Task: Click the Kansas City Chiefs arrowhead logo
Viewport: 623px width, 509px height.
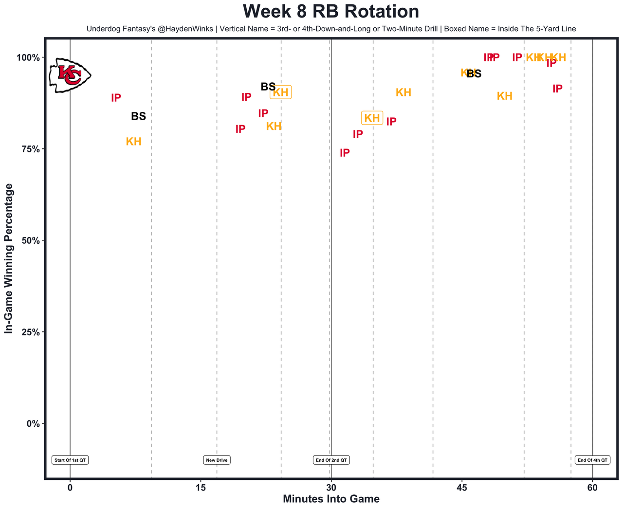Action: (x=70, y=75)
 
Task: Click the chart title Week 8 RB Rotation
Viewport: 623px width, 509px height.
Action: (x=330, y=12)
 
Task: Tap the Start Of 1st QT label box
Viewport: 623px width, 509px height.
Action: (x=71, y=460)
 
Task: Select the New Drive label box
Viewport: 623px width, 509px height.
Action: (x=217, y=460)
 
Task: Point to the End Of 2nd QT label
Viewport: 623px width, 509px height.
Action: (x=331, y=460)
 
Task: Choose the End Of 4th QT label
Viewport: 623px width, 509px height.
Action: (x=592, y=460)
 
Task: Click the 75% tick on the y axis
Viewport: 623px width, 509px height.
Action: (x=30, y=149)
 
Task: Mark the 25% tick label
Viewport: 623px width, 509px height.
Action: (x=30, y=332)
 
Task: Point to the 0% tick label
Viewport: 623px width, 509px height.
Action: (x=33, y=424)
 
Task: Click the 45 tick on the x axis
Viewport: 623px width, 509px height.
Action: (x=462, y=488)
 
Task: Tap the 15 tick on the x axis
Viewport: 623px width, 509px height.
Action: (x=201, y=488)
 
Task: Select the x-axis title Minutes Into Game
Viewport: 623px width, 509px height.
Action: (x=331, y=499)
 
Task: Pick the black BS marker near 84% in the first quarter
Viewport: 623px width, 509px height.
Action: (x=138, y=117)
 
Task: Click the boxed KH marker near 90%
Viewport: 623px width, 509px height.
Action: (x=281, y=93)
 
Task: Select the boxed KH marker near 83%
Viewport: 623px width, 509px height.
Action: (x=372, y=118)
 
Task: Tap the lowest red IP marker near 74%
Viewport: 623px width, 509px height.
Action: (x=345, y=153)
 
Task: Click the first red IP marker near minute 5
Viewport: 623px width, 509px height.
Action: (x=116, y=98)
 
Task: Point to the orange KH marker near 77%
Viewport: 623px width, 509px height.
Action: (x=134, y=142)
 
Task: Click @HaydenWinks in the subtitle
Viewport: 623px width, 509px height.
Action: (x=185, y=29)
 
